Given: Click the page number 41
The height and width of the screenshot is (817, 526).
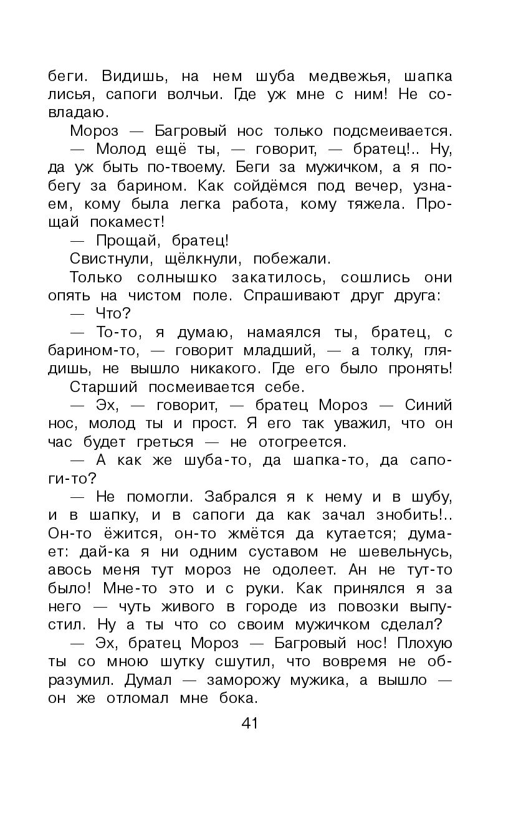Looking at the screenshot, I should pos(249,723).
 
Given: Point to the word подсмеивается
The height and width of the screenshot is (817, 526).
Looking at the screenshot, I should pos(392,131).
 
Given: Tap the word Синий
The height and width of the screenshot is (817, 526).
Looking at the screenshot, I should pos(429,405).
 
